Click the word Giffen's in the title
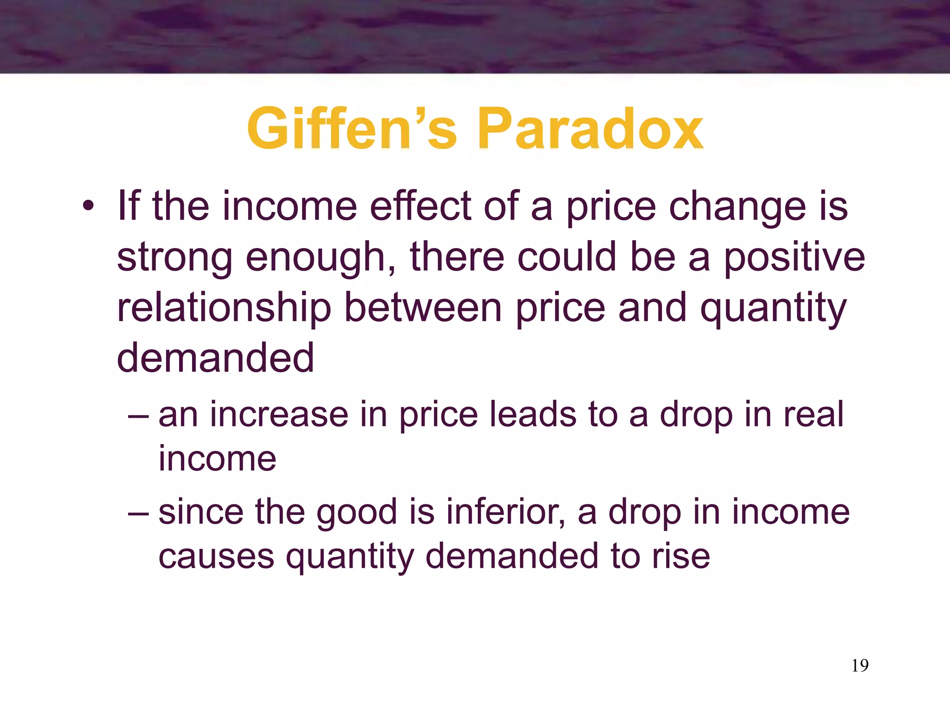[x=352, y=128]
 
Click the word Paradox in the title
[x=590, y=128]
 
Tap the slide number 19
[x=860, y=666]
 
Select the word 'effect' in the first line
[x=420, y=206]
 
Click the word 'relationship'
[x=224, y=309]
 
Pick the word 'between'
[x=423, y=308]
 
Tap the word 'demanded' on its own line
[x=215, y=358]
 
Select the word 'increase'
[x=279, y=415]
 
